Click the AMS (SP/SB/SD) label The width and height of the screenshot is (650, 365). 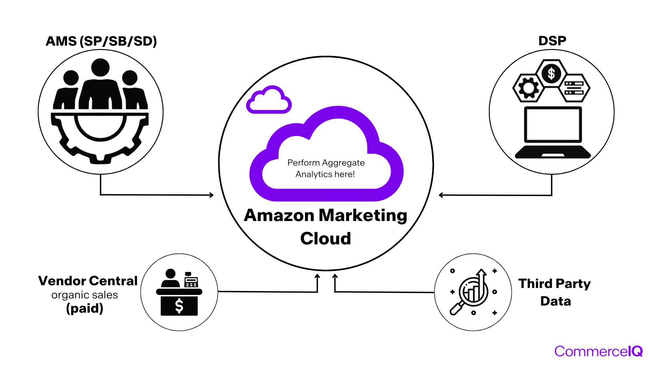coord(101,41)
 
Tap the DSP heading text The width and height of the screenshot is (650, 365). coord(552,41)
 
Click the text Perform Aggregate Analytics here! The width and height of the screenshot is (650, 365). coord(326,168)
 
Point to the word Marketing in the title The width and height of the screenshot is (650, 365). coord(363,215)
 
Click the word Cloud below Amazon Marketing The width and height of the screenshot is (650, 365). coord(325,239)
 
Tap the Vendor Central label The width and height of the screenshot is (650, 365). coord(88,281)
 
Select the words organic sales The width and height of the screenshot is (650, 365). coord(85,295)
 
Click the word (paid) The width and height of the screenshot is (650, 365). coord(85,308)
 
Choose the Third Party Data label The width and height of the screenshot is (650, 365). coord(555,292)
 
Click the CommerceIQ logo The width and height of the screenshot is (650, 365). coord(598,351)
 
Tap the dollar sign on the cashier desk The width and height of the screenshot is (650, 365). coord(179,306)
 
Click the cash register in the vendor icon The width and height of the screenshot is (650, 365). coord(191,280)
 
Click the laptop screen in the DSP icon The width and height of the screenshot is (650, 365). coord(553,125)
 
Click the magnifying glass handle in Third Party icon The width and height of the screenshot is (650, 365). coord(456,308)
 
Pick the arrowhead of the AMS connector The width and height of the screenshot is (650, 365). coord(212,195)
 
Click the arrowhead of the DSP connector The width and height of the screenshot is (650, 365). coord(441,195)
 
